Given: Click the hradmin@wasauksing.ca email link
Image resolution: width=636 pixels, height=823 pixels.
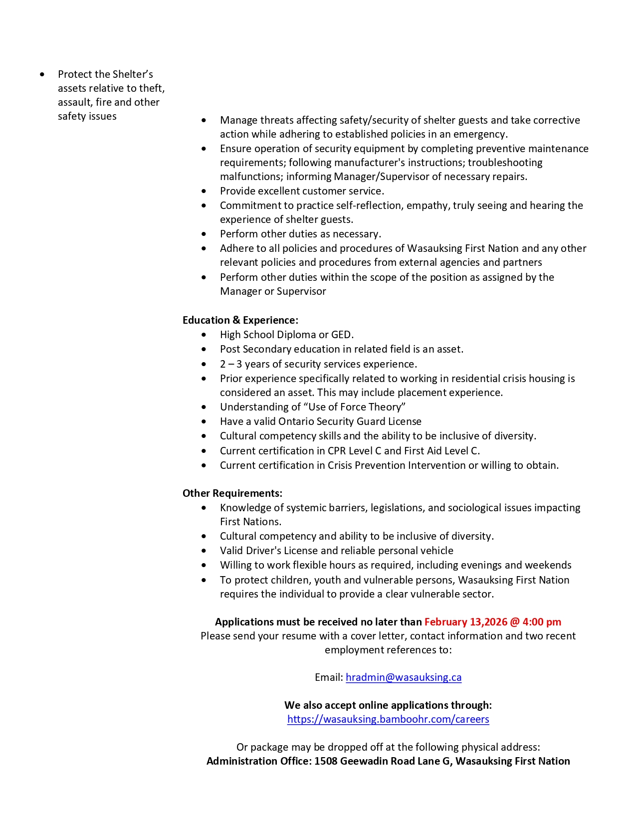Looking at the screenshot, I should coord(403,677).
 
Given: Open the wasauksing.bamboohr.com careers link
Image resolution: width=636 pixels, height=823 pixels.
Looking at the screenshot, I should coord(388,719).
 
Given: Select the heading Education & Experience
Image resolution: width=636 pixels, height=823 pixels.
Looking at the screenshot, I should coord(240,320).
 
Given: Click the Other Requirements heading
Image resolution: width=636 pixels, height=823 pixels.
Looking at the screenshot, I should coord(232,493).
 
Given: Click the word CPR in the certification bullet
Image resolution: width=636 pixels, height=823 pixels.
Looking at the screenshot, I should coord(337,451).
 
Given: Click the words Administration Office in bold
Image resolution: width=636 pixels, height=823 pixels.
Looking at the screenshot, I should coord(259,761).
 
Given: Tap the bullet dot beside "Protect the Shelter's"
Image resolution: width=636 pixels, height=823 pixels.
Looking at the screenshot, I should coord(42,75).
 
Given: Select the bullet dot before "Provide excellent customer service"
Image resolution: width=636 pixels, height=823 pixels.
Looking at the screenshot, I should coord(204,191).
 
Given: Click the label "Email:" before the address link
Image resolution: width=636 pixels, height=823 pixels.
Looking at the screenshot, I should coord(329,677).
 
